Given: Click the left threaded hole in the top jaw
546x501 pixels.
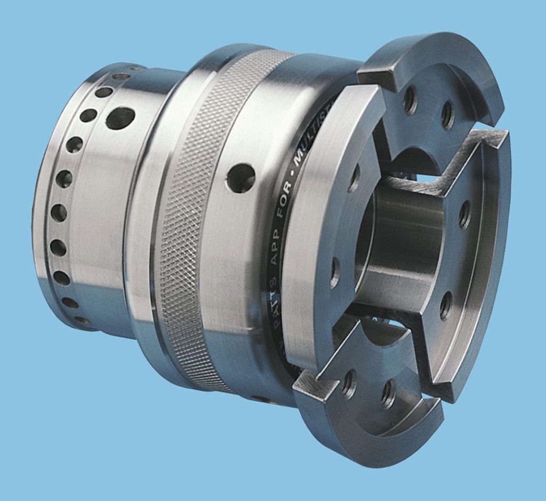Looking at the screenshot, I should click(x=410, y=100).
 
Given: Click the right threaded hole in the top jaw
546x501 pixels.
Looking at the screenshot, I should click(x=447, y=114).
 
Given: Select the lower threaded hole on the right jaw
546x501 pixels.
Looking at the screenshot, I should click(x=446, y=306).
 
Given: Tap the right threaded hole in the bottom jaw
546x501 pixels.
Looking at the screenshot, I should click(x=388, y=394).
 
